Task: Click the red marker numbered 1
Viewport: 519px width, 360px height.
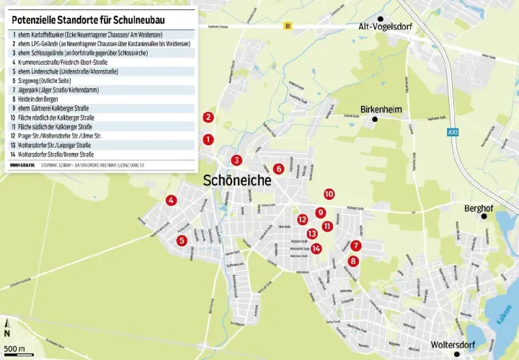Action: tap(208, 139)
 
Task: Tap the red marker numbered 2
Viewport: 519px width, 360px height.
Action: tap(208, 117)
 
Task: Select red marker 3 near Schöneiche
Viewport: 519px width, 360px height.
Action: tap(236, 160)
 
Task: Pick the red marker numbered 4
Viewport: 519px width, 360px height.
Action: tap(171, 201)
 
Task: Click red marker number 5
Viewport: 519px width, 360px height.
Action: tap(182, 240)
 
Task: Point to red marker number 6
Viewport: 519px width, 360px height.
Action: tap(278, 169)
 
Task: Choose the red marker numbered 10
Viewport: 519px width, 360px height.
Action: tap(329, 193)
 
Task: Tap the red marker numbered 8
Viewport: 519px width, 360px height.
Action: tap(352, 260)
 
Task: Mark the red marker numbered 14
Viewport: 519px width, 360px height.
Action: tap(316, 248)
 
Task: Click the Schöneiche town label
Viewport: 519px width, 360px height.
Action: tap(239, 180)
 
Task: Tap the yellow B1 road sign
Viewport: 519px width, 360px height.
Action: tap(288, 27)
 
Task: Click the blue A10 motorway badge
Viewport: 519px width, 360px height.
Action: tap(452, 132)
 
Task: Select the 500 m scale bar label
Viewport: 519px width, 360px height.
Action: tap(14, 350)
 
